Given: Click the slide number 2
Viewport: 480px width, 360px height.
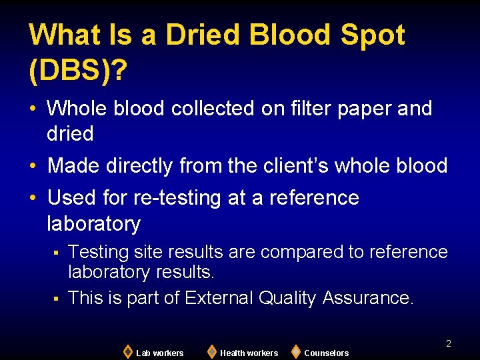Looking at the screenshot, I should click(x=449, y=343).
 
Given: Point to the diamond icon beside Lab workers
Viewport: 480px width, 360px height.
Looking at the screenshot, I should click(x=127, y=351).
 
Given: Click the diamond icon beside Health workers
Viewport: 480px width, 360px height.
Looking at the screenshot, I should click(x=211, y=351).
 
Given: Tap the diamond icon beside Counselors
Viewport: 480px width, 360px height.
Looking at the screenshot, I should click(x=296, y=351).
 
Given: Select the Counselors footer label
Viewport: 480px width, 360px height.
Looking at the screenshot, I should click(x=326, y=353).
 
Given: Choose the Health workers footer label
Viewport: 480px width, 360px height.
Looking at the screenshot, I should click(x=249, y=353).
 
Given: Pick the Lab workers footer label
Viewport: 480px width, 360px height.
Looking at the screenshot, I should click(x=159, y=353).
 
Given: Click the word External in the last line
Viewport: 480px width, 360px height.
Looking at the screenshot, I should click(x=218, y=297).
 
